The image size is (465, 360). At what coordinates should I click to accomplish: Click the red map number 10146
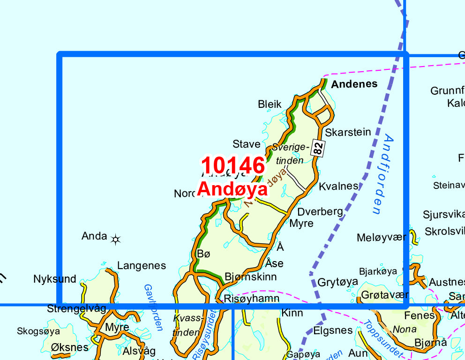233,165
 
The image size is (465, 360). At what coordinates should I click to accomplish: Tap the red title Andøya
232,189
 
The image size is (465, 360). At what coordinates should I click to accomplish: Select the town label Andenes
354,84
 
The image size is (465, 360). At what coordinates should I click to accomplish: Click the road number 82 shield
319,149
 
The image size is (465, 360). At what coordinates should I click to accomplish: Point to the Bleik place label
270,104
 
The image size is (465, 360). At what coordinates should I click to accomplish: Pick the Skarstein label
348,132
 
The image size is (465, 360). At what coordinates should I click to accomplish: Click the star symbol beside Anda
115,240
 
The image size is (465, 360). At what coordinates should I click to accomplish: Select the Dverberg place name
320,211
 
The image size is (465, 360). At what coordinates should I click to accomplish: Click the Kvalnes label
338,186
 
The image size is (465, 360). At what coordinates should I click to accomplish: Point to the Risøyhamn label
252,299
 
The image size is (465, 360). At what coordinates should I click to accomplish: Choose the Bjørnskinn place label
251,277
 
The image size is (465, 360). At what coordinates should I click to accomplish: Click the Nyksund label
55,279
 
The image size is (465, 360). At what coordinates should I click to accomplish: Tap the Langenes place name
142,266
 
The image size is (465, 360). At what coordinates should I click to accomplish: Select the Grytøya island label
338,282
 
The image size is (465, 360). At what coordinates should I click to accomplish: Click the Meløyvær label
382,237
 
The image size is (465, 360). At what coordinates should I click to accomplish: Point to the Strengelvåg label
77,309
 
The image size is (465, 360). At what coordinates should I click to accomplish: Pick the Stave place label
246,144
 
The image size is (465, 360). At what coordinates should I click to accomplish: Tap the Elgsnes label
333,330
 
